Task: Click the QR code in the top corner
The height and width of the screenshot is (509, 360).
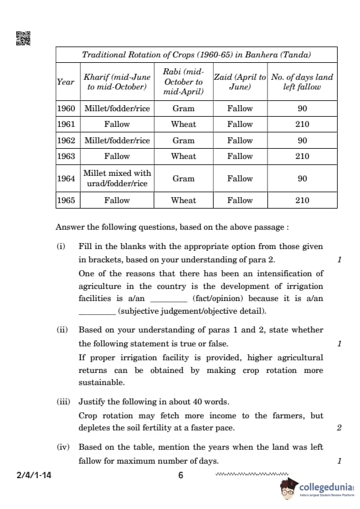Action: coord(21,38)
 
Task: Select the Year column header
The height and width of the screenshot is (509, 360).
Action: coord(65,82)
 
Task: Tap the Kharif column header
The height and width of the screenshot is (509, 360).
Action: coord(117,82)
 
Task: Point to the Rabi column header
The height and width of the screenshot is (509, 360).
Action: coord(183,82)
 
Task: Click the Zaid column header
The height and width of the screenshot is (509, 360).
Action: coord(240,82)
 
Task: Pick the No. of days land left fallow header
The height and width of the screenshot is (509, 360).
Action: coord(302,82)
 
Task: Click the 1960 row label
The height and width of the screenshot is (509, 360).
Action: coord(65,109)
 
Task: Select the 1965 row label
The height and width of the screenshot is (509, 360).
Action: coord(65,200)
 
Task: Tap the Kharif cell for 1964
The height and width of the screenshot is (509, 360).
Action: coord(117,178)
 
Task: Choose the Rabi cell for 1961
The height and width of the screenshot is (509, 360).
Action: coord(183,125)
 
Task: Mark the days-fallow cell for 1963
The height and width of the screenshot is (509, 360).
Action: coord(302,156)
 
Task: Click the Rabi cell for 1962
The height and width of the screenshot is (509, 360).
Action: coord(183,140)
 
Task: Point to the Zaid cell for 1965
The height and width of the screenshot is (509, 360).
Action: coord(240,200)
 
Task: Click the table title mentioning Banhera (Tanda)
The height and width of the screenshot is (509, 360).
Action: coord(196,55)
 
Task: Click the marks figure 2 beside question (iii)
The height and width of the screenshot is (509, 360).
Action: coord(339,428)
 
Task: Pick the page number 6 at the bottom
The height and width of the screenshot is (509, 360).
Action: coord(180,475)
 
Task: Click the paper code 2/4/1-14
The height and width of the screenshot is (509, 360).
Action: coord(34,475)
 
